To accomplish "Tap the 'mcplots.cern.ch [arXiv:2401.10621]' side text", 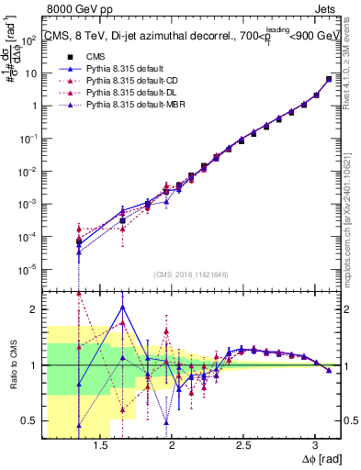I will tap(354, 211).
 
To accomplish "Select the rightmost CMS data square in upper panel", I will tap(329, 79).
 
